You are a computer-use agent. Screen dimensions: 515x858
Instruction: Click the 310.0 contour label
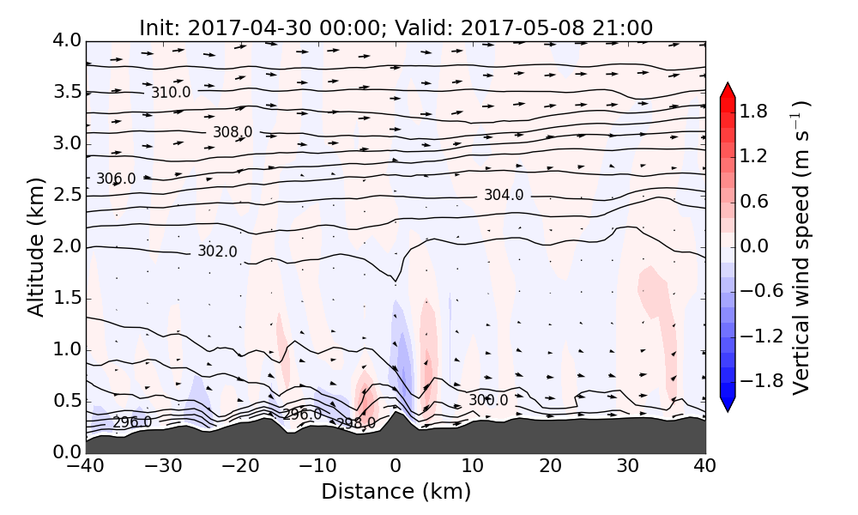tap(171, 93)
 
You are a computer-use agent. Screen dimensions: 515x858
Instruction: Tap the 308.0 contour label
tap(233, 132)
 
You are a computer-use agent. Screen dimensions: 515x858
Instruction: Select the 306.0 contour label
tap(116, 179)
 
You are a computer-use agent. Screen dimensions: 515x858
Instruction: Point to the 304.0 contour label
tap(504, 196)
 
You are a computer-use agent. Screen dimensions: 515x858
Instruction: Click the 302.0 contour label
tap(217, 251)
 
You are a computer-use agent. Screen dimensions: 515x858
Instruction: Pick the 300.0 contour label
tap(488, 401)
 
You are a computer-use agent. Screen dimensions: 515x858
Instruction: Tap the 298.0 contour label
tap(355, 423)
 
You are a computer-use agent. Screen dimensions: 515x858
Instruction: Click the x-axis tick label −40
tap(86, 469)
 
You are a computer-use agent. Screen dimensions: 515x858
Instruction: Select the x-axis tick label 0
tap(396, 469)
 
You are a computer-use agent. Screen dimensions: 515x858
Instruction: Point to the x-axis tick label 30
tap(628, 469)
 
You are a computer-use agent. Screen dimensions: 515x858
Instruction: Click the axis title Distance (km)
tap(396, 492)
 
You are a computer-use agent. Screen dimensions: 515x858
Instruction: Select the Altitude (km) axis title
tap(36, 247)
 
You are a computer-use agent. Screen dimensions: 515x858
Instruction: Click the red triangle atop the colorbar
tap(728, 89)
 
